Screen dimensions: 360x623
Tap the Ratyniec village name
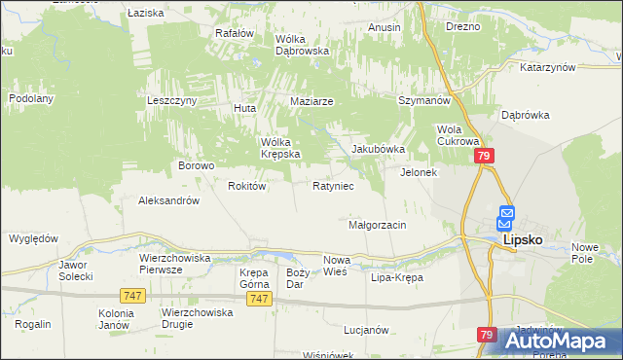332,185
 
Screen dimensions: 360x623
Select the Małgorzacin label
377,225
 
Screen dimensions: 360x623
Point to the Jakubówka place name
377,150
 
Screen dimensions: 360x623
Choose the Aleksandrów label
169,200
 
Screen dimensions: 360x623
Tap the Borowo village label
196,165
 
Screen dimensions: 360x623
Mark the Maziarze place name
312,101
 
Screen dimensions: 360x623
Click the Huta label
243,107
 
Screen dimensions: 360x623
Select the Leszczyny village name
172,100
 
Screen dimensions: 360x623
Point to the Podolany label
30,98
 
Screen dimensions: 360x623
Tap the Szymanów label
423,100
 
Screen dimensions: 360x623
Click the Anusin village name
385,27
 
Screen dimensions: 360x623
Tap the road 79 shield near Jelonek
485,157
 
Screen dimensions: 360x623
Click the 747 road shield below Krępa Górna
258,299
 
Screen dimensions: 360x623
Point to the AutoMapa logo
563,342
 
